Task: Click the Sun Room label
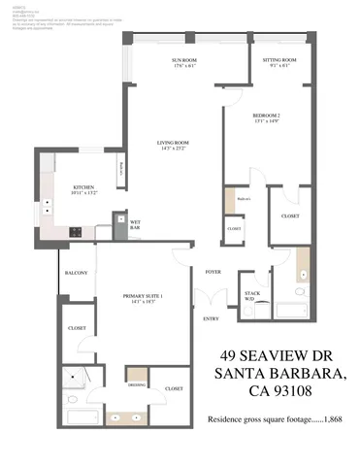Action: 184,60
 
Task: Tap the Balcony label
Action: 76,273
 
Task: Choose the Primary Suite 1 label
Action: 142,296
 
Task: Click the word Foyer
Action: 212,272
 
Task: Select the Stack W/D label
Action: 250,293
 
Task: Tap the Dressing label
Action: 137,385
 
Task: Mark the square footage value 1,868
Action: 335,419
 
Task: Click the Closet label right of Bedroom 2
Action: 289,216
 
